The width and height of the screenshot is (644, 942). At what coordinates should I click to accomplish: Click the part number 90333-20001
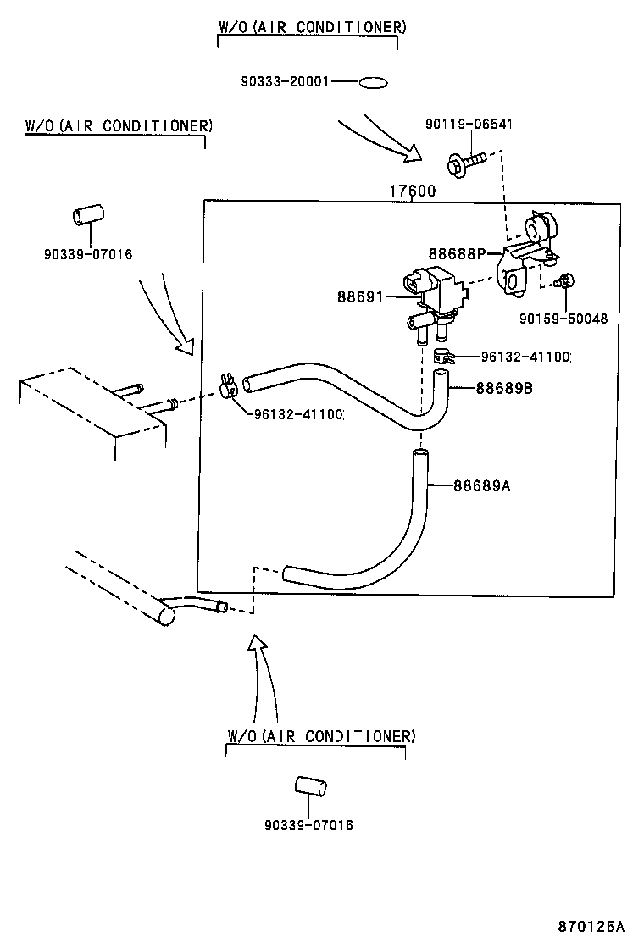(285, 82)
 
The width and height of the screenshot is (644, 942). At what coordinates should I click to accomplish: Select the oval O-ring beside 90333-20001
(373, 83)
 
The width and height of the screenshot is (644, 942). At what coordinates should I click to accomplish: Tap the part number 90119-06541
(469, 125)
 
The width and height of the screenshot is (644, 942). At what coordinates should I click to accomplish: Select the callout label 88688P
(456, 252)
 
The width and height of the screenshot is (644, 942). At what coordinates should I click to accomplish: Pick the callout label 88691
(360, 296)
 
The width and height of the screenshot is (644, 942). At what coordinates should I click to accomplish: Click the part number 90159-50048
(563, 319)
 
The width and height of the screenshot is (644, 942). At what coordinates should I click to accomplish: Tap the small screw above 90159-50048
(563, 281)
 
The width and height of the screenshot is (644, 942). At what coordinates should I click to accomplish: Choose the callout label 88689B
(503, 388)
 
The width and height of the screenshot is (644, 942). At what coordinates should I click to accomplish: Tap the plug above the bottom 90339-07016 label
(311, 787)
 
